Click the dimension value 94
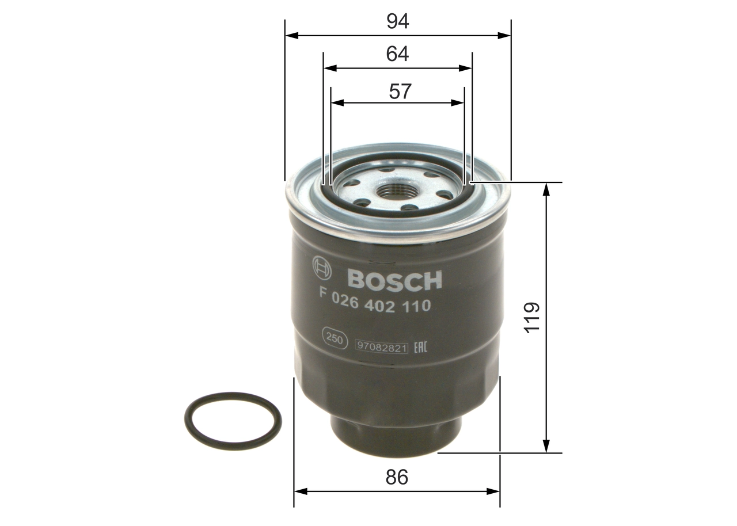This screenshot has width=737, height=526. tap(397, 21)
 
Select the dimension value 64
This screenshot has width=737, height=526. tap(397, 54)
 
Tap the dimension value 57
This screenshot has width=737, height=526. tap(400, 91)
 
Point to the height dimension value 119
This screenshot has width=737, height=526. tap(532, 316)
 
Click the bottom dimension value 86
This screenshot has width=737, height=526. tap(397, 478)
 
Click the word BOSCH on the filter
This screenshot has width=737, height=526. tap(394, 280)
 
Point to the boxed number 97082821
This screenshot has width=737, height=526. tap(382, 347)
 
